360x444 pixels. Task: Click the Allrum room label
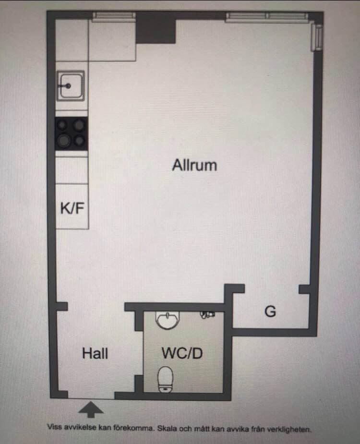pos(194,165)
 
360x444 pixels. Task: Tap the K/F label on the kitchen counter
pos(72,208)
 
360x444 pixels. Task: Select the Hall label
pos(95,353)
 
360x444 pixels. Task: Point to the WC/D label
pos(182,353)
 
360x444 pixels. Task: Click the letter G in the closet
pos(270,312)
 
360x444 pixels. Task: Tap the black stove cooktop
pos(71,133)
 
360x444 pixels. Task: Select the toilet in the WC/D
pos(166,379)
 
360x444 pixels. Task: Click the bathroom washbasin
pos(168,320)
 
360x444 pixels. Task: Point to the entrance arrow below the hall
pos(91,409)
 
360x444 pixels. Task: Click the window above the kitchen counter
pos(114,17)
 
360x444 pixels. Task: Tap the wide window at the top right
pos(266,17)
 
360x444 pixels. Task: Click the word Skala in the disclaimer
pos(168,428)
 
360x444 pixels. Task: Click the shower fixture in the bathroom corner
pos(208,314)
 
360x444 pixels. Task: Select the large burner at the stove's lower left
pos(64,140)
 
